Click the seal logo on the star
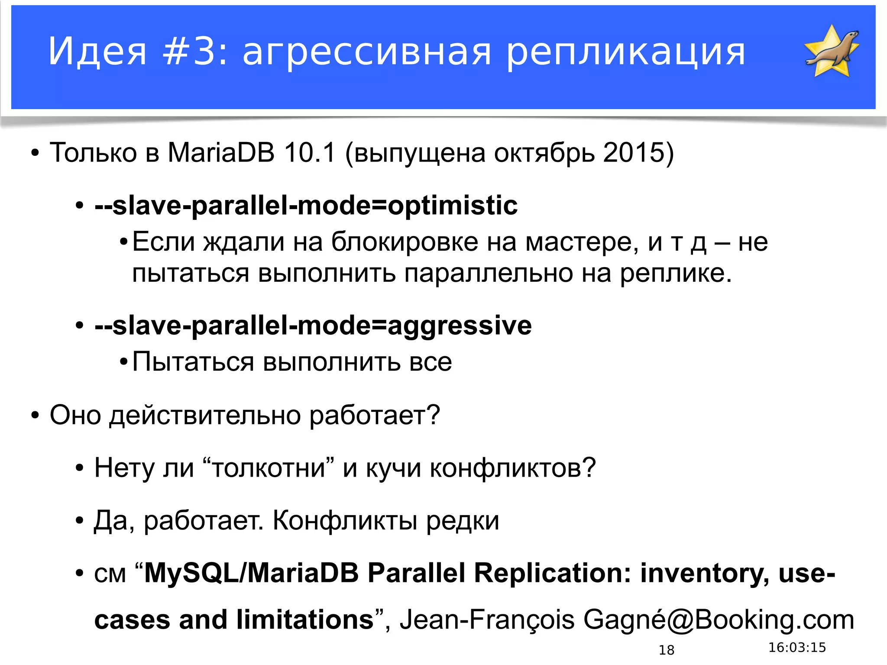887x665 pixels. [832, 51]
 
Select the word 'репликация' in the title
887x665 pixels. [626, 53]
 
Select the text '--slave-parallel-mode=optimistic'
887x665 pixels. [306, 205]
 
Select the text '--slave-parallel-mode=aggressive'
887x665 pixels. [313, 326]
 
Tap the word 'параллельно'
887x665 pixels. [489, 274]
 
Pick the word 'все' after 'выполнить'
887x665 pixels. [431, 362]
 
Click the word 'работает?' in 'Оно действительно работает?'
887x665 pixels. [374, 415]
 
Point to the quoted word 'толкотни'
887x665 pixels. [269, 468]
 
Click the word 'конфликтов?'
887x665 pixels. [512, 468]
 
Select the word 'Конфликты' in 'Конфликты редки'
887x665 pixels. [345, 521]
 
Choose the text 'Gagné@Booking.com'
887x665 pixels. [719, 620]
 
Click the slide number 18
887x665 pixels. [666, 650]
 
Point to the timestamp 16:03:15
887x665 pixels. [797, 648]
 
